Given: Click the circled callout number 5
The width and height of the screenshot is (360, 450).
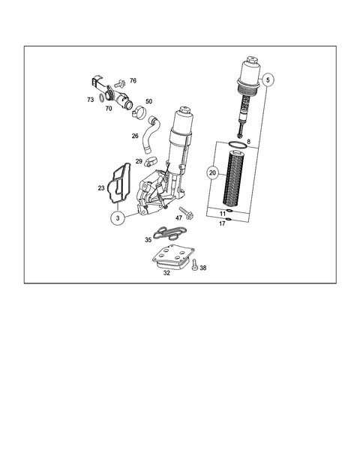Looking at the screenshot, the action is (268, 79).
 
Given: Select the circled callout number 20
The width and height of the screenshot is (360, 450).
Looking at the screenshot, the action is (212, 172).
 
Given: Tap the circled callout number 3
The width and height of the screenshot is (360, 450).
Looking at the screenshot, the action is (118, 218).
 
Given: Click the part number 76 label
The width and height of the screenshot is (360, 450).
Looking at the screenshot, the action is (133, 81).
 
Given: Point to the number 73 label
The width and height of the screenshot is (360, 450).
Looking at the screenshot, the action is (91, 100).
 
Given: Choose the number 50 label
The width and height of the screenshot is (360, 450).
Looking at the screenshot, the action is (148, 101).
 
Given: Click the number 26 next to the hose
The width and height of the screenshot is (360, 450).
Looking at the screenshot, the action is (135, 136).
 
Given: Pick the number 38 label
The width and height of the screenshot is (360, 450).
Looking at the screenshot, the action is (203, 268).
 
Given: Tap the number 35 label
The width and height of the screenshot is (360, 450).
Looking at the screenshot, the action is (148, 240).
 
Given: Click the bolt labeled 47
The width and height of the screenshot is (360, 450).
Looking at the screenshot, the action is (186, 213).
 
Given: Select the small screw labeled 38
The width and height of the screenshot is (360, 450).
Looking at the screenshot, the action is (195, 264).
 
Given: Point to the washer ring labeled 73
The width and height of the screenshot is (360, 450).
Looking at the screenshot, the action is (102, 97).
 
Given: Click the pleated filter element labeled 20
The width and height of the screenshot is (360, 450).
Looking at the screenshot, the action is (235, 178).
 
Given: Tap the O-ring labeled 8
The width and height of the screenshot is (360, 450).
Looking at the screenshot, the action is (238, 145).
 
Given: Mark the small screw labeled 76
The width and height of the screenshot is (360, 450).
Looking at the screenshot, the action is (119, 84).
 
